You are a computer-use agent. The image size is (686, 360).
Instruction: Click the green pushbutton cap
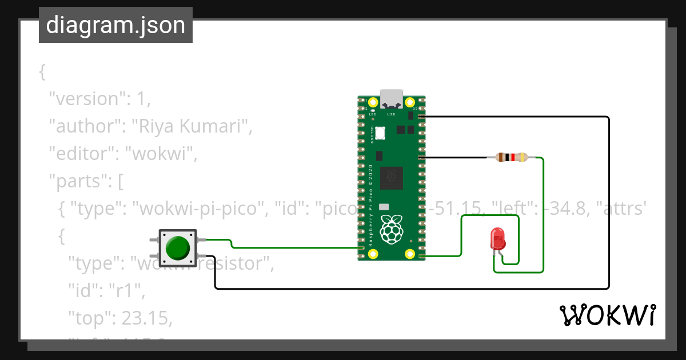178,248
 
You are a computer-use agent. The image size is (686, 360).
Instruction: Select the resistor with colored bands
511,157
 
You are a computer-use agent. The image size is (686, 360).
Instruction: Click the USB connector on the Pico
392,98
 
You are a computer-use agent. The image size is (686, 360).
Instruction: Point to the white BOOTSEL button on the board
380,133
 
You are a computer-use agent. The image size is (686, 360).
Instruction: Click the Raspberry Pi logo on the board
391,228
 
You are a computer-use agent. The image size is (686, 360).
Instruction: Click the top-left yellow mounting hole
373,102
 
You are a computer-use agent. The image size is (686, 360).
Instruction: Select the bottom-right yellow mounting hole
409,254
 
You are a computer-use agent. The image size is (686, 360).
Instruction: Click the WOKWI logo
607,315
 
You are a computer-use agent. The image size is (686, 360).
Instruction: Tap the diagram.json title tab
115,25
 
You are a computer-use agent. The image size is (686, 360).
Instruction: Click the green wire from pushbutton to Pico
286,247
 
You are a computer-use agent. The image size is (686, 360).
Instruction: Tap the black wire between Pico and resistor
454,157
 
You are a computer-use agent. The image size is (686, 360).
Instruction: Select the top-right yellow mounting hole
409,102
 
